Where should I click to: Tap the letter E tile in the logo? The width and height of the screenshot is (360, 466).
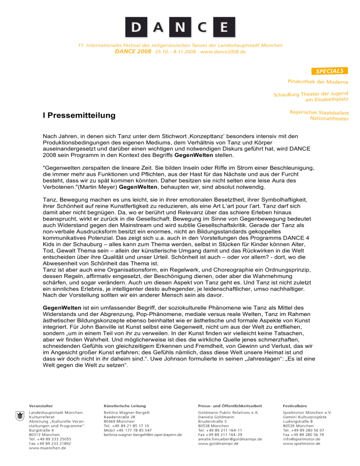click(x=224, y=26)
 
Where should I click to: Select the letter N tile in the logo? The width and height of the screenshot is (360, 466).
click(x=180, y=26)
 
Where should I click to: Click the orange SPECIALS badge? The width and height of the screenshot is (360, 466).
click(x=330, y=71)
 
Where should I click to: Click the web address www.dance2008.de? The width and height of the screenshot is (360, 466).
click(x=223, y=52)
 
